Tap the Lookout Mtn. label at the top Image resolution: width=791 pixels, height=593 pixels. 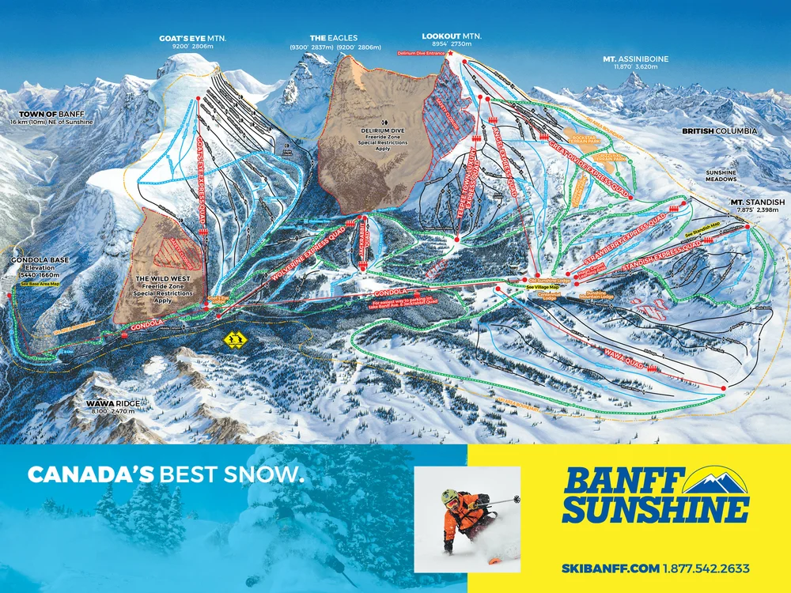point(452,37)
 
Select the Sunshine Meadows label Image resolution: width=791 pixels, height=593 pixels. point(721,176)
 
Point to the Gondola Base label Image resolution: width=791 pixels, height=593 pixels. point(36,260)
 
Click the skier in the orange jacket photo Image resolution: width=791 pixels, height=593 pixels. point(467,518)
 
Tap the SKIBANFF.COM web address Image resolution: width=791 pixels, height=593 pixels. point(610,568)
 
